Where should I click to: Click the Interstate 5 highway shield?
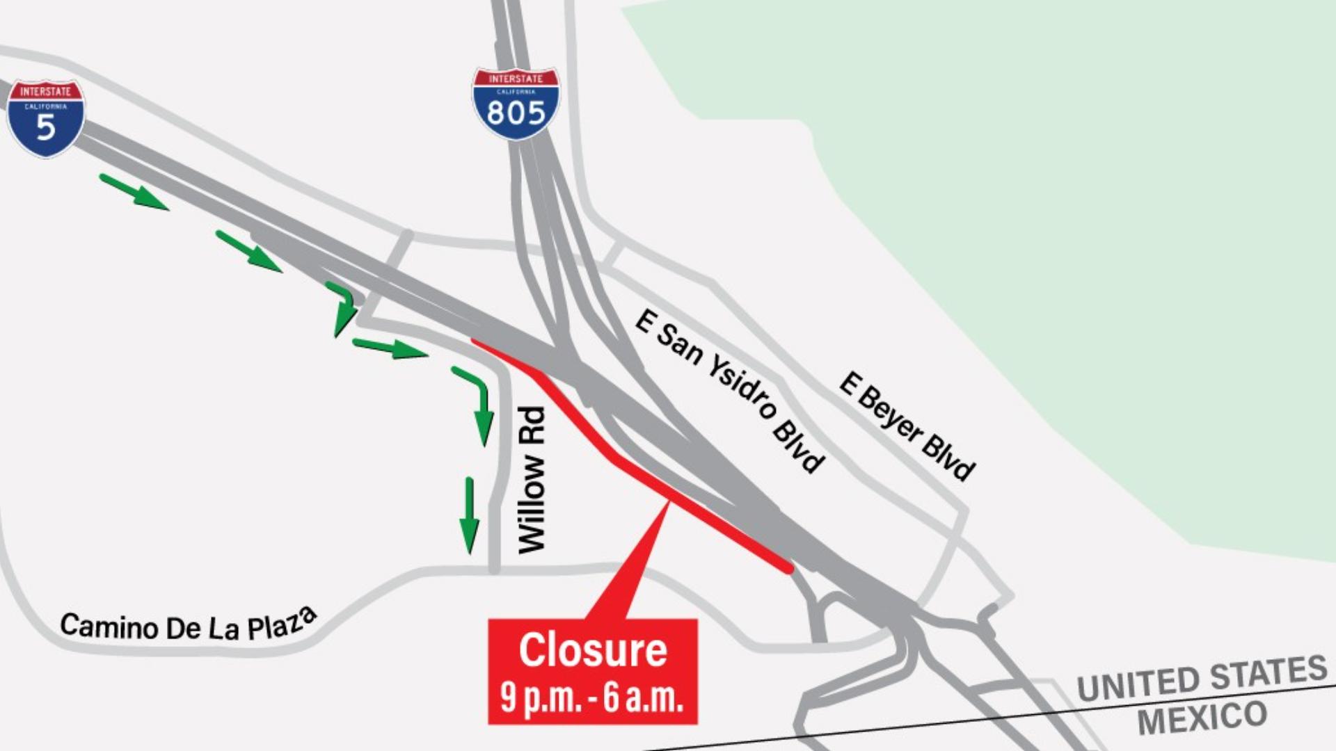(46, 118)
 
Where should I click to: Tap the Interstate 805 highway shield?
(516, 104)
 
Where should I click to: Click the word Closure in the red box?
(593, 650)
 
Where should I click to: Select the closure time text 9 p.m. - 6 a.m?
(591, 697)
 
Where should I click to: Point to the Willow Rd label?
(532, 481)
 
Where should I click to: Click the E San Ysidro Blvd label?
(730, 391)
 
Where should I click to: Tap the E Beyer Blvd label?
(907, 426)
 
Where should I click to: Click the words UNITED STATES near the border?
(1202, 678)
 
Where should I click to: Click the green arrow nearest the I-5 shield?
(134, 192)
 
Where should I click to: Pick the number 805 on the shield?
(516, 112)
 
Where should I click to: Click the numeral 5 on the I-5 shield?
(46, 127)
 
